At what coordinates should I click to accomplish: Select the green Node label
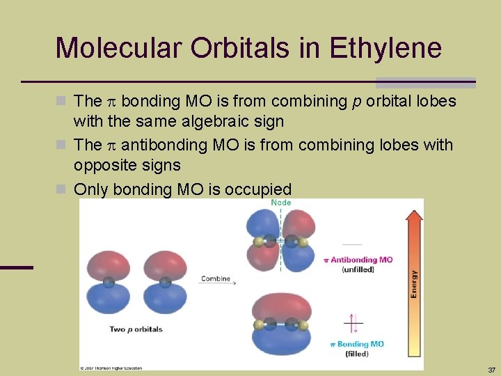[x=282, y=203]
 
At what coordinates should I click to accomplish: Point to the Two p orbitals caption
[x=136, y=329]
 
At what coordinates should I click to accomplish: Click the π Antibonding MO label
[x=359, y=260]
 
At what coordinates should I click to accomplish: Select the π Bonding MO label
[x=357, y=344]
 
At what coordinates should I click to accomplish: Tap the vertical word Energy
[x=415, y=284]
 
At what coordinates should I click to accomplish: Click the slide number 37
[x=492, y=369]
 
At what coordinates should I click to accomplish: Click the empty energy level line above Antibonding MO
[x=353, y=244]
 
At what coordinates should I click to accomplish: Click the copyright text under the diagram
[x=111, y=367]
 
